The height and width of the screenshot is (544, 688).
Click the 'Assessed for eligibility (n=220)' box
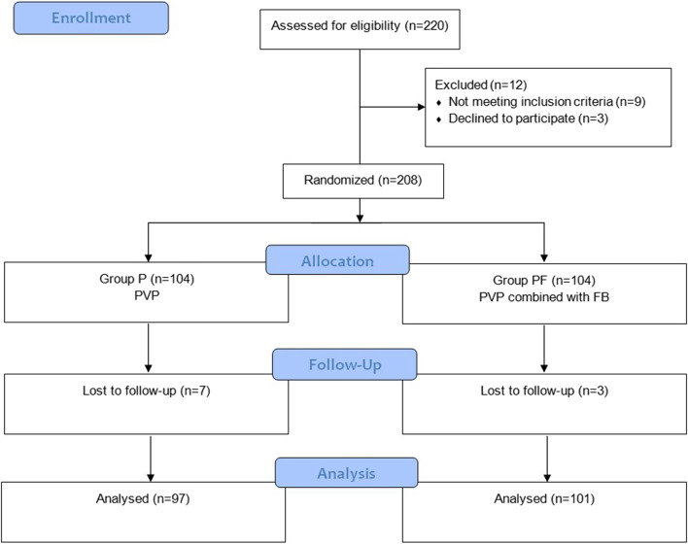point(361,26)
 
